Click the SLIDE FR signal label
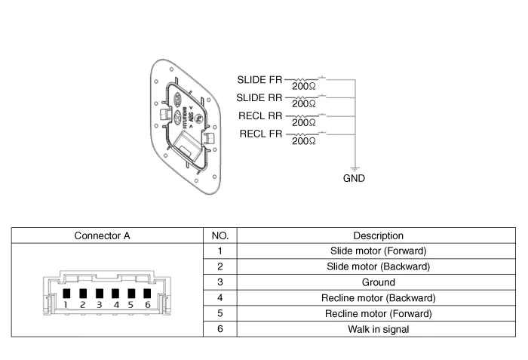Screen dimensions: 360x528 point(260,79)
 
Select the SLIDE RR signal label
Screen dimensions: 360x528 point(260,97)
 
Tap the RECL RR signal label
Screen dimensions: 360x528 point(261,116)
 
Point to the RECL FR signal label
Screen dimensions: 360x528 point(261,134)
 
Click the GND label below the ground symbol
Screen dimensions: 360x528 point(354,179)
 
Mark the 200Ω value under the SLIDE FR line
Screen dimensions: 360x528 point(303,87)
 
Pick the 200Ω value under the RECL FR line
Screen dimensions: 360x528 point(303,141)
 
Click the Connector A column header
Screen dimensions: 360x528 point(103,235)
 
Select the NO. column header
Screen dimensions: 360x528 point(219,235)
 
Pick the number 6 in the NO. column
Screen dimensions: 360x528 point(219,330)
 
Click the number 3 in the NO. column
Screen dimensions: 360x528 point(219,282)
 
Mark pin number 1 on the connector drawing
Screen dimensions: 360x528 point(66,304)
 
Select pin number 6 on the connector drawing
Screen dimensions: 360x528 point(148,304)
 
